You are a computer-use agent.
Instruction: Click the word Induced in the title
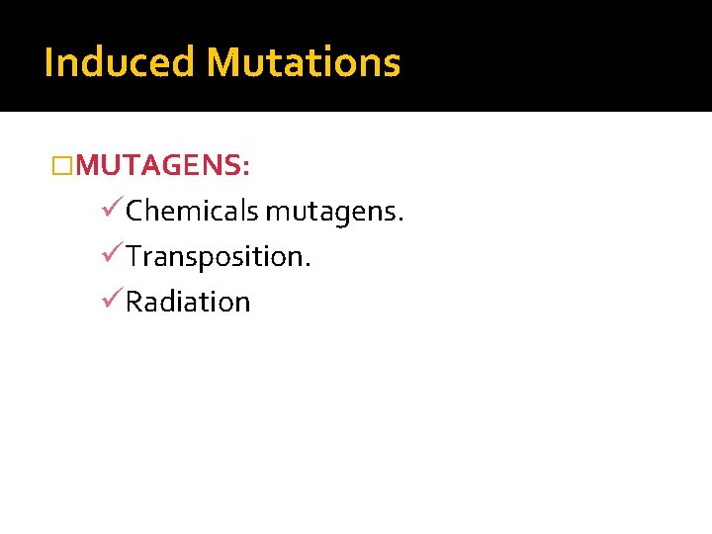coord(120,62)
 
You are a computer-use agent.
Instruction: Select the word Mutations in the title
coord(304,62)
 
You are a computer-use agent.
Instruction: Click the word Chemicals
coord(192,211)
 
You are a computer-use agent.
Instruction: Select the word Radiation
coord(188,302)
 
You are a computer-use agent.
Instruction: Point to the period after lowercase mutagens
coord(400,219)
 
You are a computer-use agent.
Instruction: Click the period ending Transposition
coord(309,264)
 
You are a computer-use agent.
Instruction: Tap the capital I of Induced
coord(49,62)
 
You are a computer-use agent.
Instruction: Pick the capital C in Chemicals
coord(135,211)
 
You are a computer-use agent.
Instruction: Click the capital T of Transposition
coord(134,257)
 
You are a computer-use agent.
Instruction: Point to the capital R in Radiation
coord(134,302)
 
